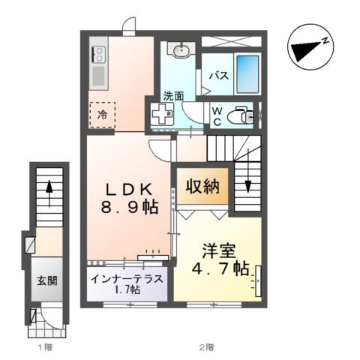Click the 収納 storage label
203,187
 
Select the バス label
218,76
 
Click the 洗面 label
173,96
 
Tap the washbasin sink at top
181,51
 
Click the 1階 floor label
46,347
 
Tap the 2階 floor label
207,347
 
